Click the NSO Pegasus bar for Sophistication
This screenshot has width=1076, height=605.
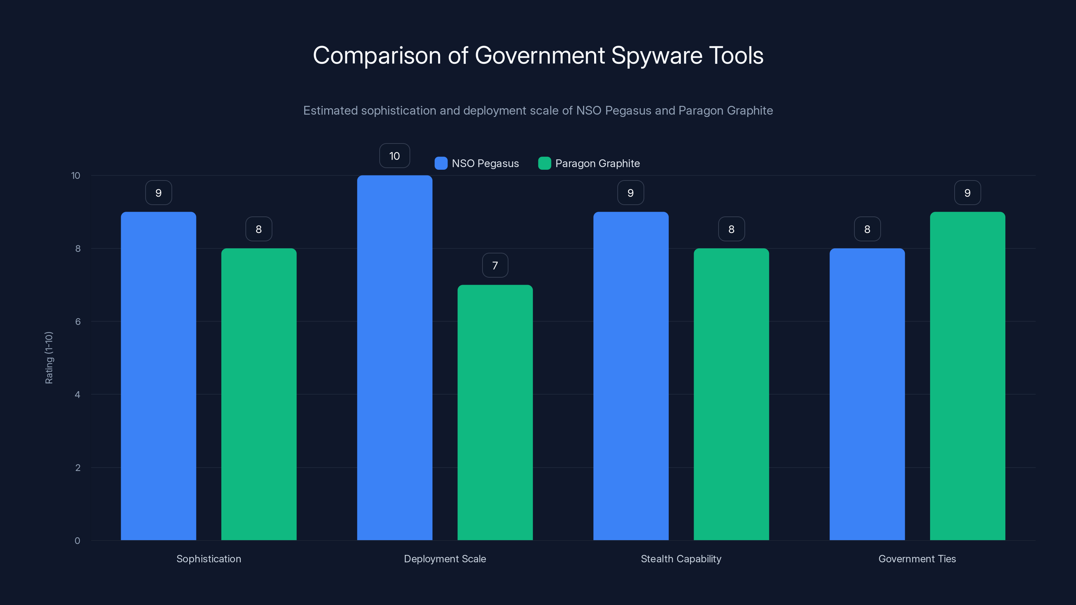(158, 376)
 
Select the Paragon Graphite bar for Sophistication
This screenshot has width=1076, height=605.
(259, 394)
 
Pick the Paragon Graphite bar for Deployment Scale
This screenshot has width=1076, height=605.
(495, 412)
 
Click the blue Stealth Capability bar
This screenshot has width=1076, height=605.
(631, 376)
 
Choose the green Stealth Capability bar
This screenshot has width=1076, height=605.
(731, 394)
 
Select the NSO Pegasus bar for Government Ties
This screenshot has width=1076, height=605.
(867, 394)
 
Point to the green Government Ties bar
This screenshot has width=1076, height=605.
(967, 376)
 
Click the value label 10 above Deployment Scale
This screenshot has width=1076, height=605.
(394, 156)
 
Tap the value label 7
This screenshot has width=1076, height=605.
(495, 266)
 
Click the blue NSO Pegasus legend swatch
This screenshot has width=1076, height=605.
(441, 163)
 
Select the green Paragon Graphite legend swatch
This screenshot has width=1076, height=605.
(544, 163)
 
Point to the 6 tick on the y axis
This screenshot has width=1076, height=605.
(78, 322)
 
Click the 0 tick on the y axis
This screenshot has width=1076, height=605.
(77, 541)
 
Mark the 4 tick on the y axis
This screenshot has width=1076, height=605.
(77, 395)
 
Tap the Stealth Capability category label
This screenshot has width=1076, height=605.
(681, 559)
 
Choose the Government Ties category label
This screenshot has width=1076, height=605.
(917, 559)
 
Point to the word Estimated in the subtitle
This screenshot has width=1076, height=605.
(330, 111)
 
